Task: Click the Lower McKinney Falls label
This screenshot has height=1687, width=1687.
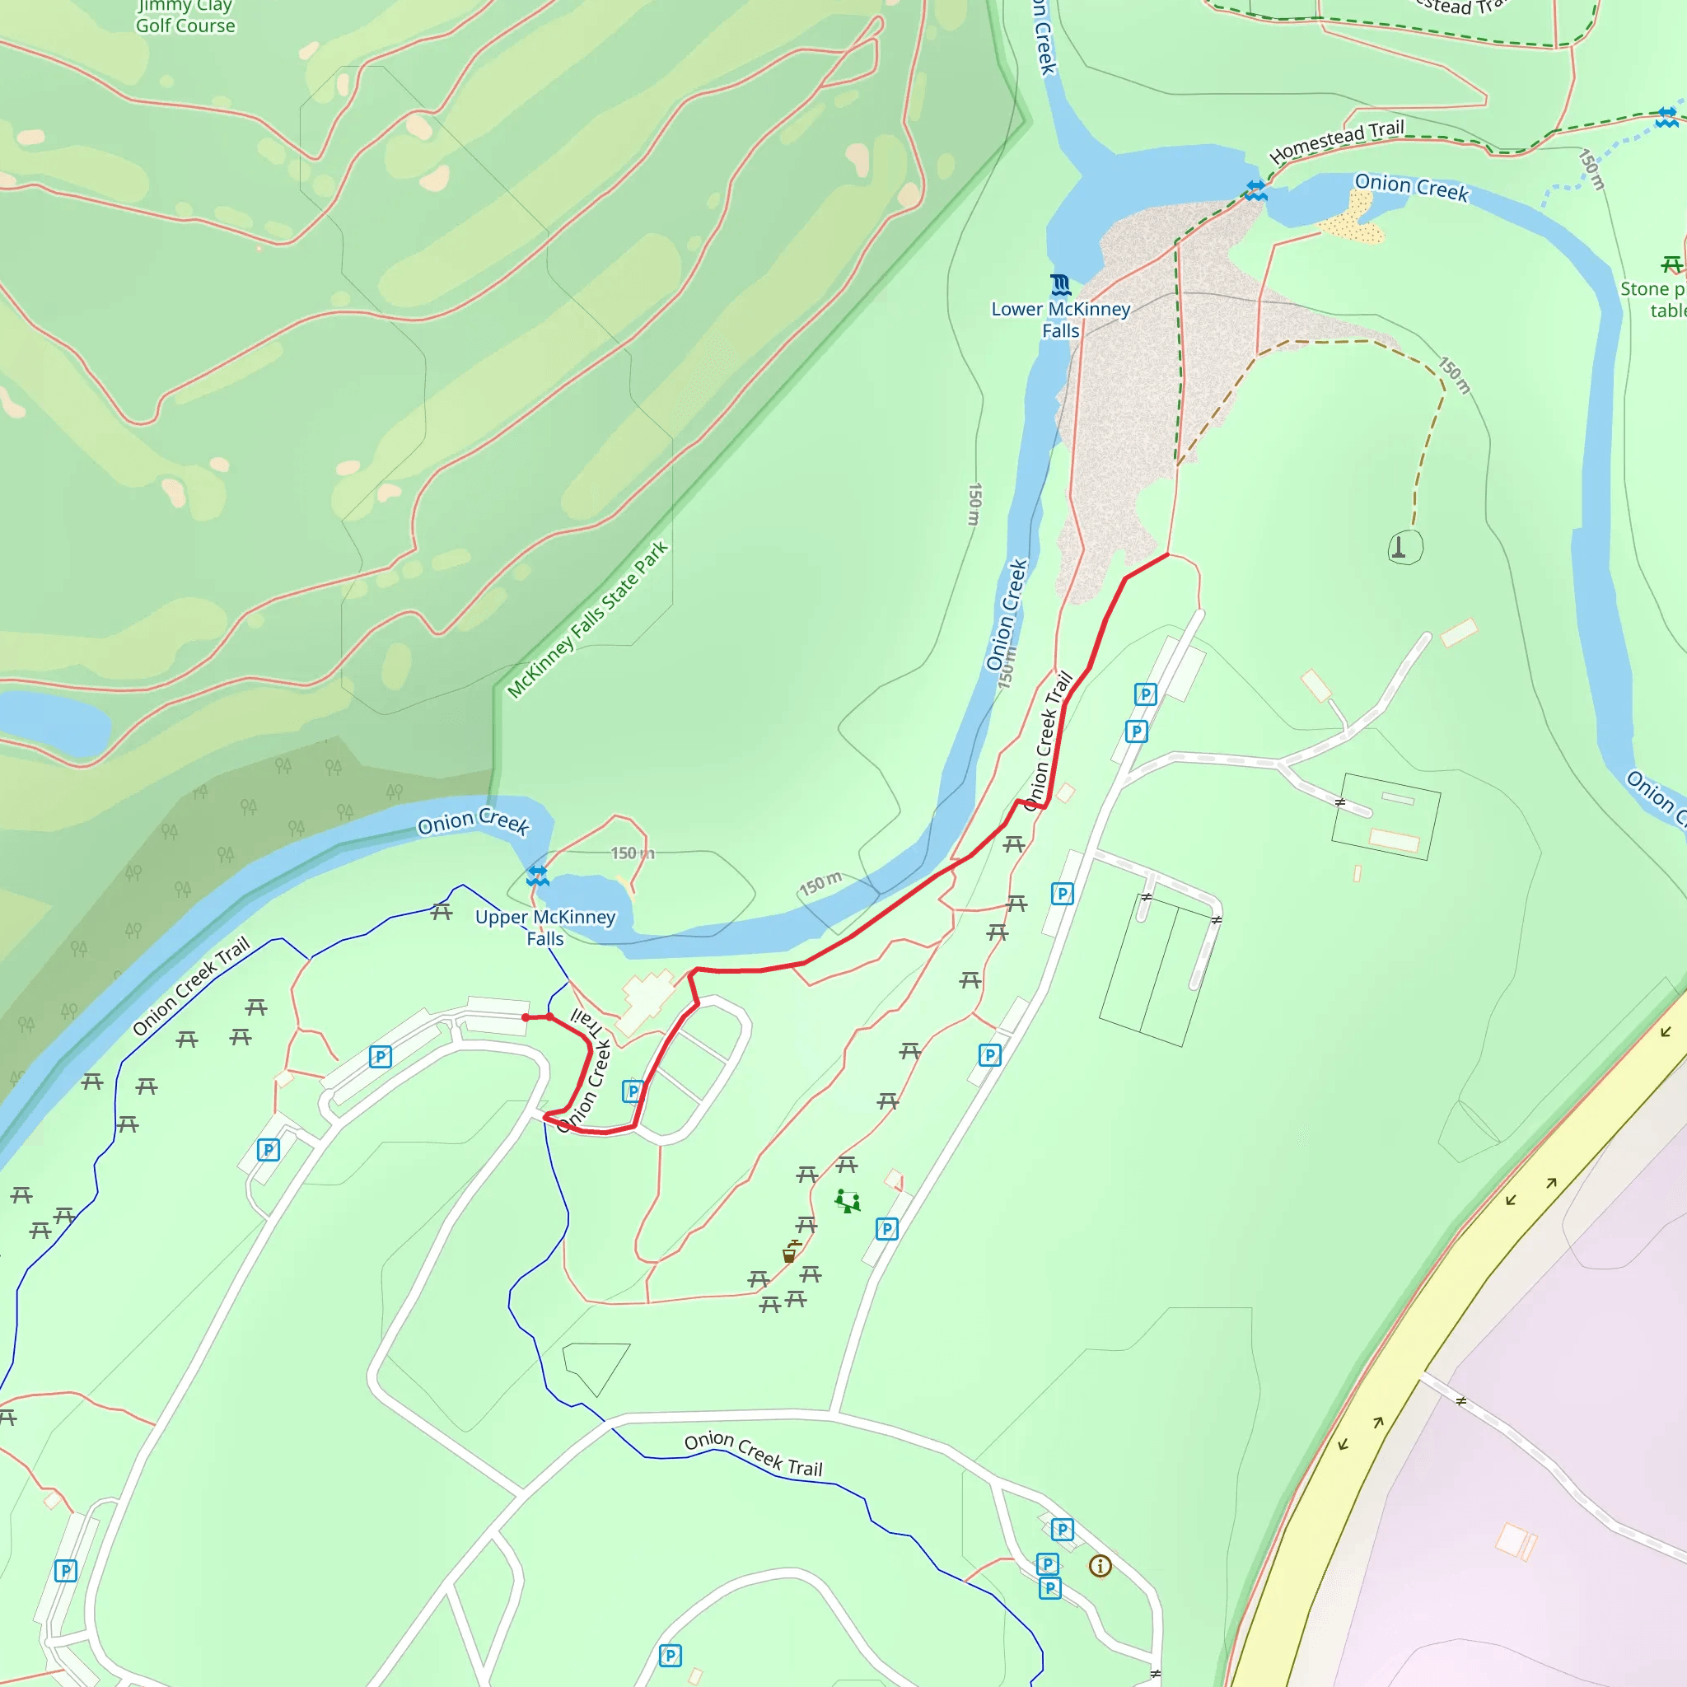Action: pyautogui.click(x=1060, y=320)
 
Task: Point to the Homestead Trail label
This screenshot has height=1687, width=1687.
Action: pyautogui.click(x=1336, y=141)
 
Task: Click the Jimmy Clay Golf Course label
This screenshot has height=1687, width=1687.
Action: pyautogui.click(x=185, y=17)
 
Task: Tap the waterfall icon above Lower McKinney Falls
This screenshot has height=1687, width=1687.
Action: pyautogui.click(x=1060, y=285)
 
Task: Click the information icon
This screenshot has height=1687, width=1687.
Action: pyautogui.click(x=1101, y=1566)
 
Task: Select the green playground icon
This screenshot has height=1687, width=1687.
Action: pyautogui.click(x=847, y=1201)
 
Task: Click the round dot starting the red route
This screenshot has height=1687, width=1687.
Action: pyautogui.click(x=526, y=1017)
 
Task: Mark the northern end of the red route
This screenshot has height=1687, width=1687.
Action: pyautogui.click(x=1167, y=554)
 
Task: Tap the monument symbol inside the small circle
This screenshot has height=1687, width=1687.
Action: pyautogui.click(x=1398, y=548)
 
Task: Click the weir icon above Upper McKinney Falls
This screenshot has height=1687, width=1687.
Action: pyautogui.click(x=538, y=876)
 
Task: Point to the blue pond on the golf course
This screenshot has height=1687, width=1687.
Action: pyautogui.click(x=53, y=722)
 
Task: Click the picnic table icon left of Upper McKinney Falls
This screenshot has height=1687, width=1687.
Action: pyautogui.click(x=442, y=913)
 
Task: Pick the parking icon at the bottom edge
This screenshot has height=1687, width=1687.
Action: pyautogui.click(x=670, y=1656)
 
